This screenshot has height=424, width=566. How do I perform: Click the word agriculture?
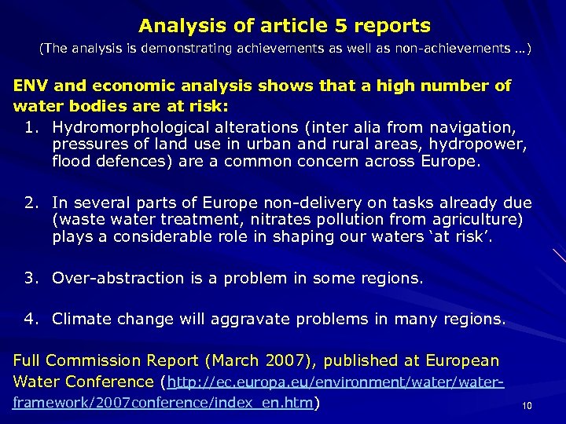[479, 220]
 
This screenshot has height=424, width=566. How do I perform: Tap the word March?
[233, 360]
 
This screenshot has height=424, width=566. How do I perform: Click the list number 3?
[30, 278]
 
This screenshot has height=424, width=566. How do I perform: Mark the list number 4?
[30, 319]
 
